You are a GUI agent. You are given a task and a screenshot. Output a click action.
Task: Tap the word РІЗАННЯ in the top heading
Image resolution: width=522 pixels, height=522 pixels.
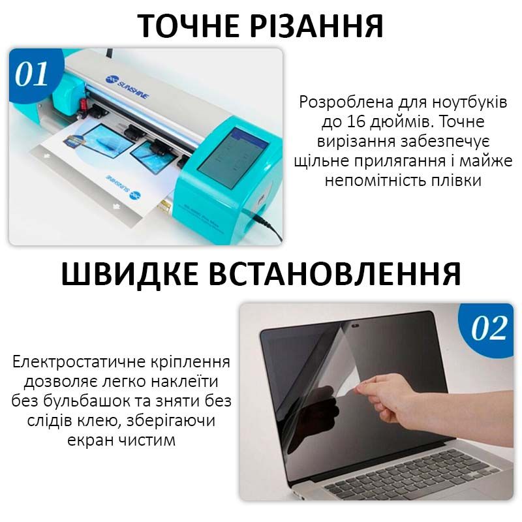click(316, 25)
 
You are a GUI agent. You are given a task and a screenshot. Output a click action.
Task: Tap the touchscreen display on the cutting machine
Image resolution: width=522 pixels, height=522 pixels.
click(233, 153)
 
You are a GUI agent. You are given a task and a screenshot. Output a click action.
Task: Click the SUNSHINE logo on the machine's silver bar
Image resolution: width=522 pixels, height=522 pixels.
click(128, 87)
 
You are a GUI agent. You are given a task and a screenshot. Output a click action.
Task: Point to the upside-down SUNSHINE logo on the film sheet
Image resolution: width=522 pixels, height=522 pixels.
click(124, 186)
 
